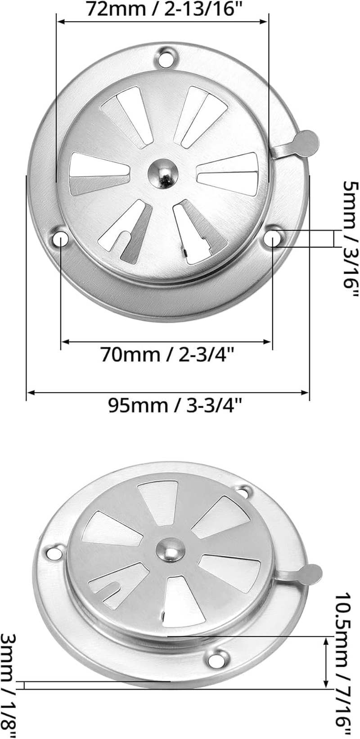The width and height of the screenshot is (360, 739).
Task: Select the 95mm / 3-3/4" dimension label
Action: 175,406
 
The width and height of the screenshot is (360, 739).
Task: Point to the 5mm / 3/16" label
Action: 350,238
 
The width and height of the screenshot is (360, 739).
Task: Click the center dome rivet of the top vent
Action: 163,173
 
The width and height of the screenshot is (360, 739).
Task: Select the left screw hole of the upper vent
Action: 61,238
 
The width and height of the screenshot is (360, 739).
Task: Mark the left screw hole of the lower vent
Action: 54,552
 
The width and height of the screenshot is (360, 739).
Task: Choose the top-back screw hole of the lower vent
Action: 246,491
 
